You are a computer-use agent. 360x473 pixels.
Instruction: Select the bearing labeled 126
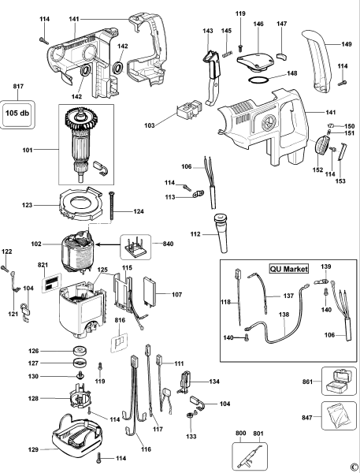[79, 352]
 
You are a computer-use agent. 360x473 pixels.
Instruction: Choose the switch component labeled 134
[187, 382]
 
